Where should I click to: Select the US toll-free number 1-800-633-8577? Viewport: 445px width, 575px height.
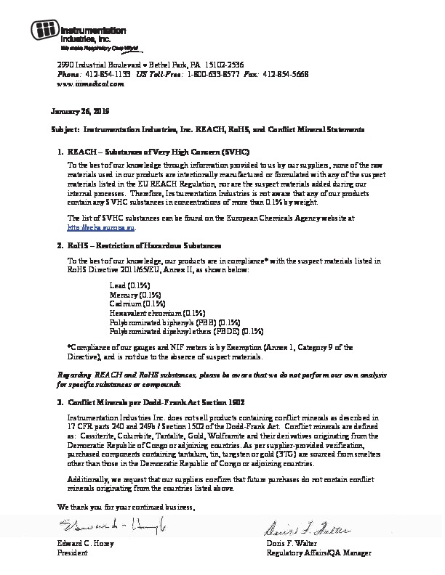[212, 75]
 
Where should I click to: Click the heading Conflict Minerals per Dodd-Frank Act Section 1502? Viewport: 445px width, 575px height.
[156, 401]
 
